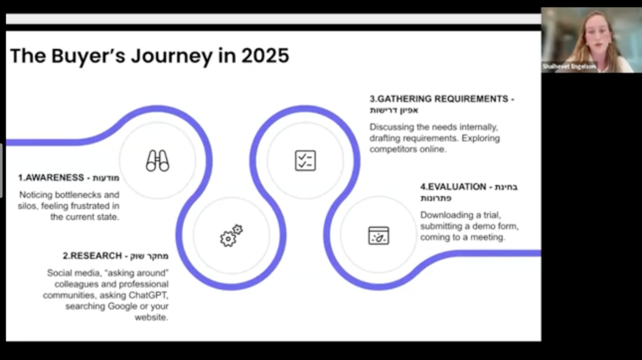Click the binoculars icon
coord(157,161)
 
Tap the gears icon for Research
coord(231,235)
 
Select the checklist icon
coord(305,161)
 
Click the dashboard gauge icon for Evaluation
coord(379,235)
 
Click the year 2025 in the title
coord(265,56)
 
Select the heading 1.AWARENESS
coord(51,177)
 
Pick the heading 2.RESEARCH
coord(92,256)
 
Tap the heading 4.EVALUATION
coord(453,187)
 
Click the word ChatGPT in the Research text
coord(149,295)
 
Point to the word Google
coord(122,306)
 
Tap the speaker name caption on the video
coord(569,66)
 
